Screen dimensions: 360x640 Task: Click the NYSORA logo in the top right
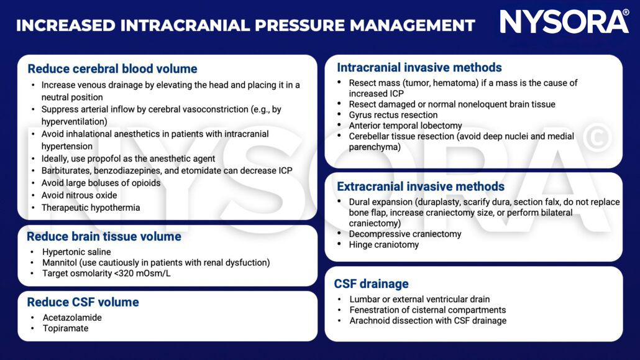pyautogui.click(x=564, y=22)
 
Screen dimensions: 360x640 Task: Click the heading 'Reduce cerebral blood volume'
pyautogui.click(x=112, y=69)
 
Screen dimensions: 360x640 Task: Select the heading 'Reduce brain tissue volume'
pyautogui.click(x=104, y=237)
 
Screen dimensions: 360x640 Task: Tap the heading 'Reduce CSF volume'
pyautogui.click(x=83, y=303)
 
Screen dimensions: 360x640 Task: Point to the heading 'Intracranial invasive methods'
pyautogui.click(x=419, y=68)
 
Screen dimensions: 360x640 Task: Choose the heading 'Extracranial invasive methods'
pyautogui.click(x=421, y=187)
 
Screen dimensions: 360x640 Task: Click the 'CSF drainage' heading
pyautogui.click(x=372, y=284)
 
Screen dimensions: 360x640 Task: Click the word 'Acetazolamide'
pyautogui.click(x=72, y=318)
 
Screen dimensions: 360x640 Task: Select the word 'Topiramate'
pyautogui.click(x=65, y=328)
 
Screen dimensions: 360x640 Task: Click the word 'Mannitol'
pyautogui.click(x=60, y=263)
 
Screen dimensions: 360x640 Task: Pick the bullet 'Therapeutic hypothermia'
pyautogui.click(x=91, y=208)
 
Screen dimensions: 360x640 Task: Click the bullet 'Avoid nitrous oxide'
pyautogui.click(x=79, y=195)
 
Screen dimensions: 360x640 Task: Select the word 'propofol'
pyautogui.click(x=109, y=159)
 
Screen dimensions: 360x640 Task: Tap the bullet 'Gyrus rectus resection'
pyautogui.click(x=393, y=115)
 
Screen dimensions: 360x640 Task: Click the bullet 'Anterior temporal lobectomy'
pyautogui.click(x=405, y=126)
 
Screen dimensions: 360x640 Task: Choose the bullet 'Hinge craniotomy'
pyautogui.click(x=384, y=245)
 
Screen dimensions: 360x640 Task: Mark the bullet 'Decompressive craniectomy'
pyautogui.click(x=405, y=234)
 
